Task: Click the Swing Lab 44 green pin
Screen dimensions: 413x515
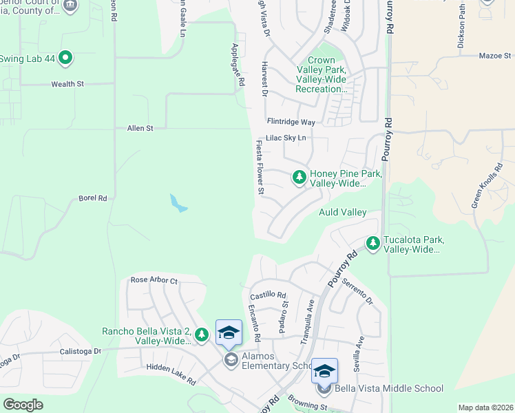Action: point(65,58)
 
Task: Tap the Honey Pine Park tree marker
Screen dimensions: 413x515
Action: point(299,178)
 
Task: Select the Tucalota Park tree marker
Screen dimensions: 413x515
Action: point(373,243)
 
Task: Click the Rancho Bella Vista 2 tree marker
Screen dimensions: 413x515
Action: point(202,335)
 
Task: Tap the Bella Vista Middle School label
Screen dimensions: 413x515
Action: point(389,388)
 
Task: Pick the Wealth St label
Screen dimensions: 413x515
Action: point(67,84)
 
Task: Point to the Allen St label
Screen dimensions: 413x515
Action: point(140,128)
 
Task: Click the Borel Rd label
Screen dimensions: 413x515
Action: point(93,198)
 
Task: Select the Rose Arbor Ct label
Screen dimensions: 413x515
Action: point(154,281)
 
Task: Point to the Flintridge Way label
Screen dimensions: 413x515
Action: point(291,122)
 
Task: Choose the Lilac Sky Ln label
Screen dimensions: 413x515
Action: point(286,138)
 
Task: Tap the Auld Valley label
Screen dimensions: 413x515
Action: point(342,213)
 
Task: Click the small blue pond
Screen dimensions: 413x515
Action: point(178,203)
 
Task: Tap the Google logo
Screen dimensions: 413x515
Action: point(23,405)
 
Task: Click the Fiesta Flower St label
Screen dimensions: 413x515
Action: point(260,167)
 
